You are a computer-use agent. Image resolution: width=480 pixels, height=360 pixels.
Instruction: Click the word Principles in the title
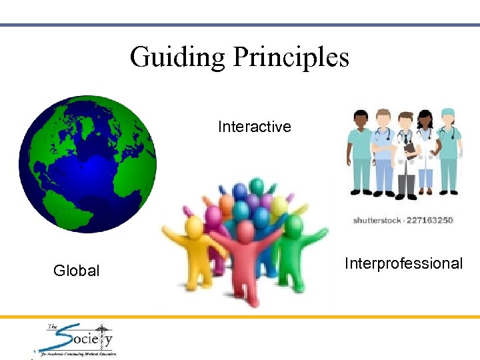click(x=291, y=57)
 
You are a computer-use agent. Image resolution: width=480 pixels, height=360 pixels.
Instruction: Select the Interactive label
click(x=254, y=127)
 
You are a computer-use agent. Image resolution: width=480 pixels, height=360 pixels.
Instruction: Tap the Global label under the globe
click(x=76, y=271)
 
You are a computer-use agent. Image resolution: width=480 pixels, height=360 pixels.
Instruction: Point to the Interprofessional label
click(x=403, y=263)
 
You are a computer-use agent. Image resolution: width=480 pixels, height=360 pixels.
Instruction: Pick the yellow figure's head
click(x=195, y=227)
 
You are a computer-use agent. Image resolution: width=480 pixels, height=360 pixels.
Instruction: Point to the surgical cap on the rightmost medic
click(x=447, y=114)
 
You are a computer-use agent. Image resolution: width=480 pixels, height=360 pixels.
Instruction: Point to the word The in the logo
click(x=53, y=327)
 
